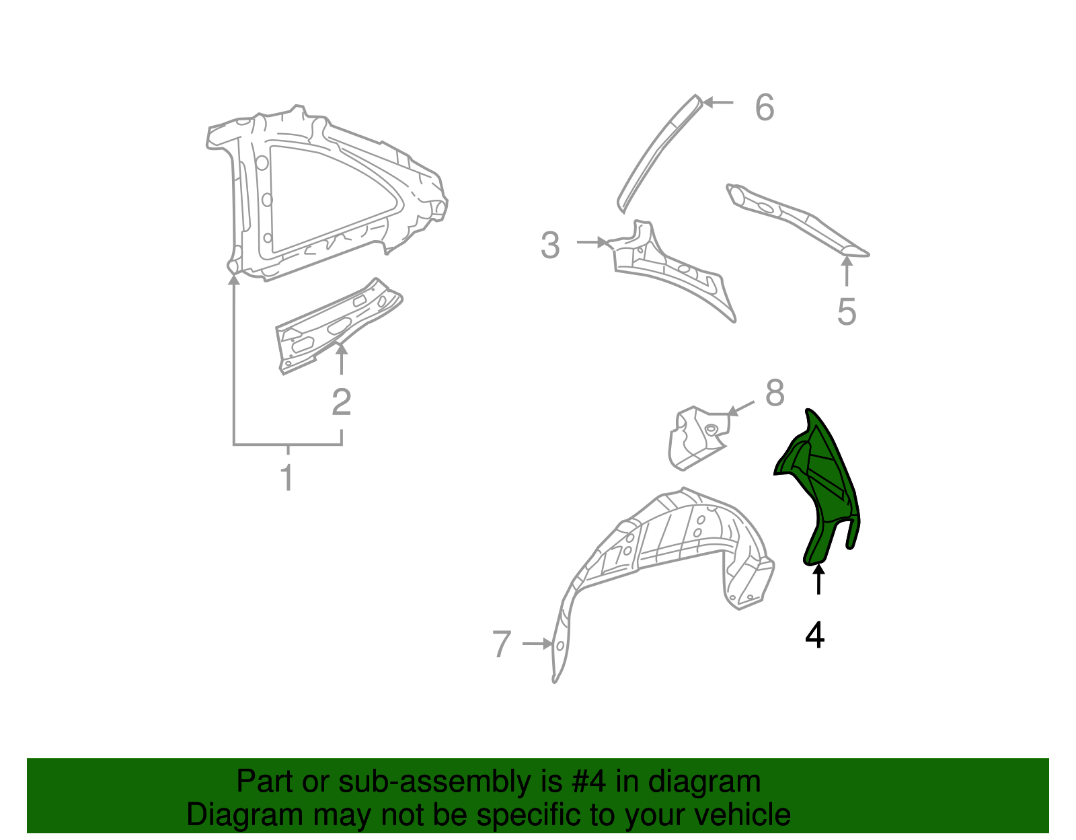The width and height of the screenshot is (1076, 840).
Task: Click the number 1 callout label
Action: [287, 478]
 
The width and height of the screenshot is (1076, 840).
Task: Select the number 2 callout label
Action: [342, 402]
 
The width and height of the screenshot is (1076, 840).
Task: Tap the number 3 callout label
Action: [550, 245]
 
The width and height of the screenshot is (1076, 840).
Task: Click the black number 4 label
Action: [814, 635]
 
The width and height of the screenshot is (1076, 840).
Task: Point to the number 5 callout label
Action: [847, 312]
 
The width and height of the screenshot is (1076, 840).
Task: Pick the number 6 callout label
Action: [765, 108]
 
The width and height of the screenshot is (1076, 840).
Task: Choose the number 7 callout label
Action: [502, 644]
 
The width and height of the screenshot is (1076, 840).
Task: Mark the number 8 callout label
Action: [775, 393]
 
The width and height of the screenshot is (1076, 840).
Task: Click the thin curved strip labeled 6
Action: [656, 155]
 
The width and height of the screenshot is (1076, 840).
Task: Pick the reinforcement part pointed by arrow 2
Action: [336, 323]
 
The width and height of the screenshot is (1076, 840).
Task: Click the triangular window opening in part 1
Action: [323, 195]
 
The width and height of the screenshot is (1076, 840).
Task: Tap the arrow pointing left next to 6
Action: [718, 103]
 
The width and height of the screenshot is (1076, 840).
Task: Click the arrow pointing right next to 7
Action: [538, 644]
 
